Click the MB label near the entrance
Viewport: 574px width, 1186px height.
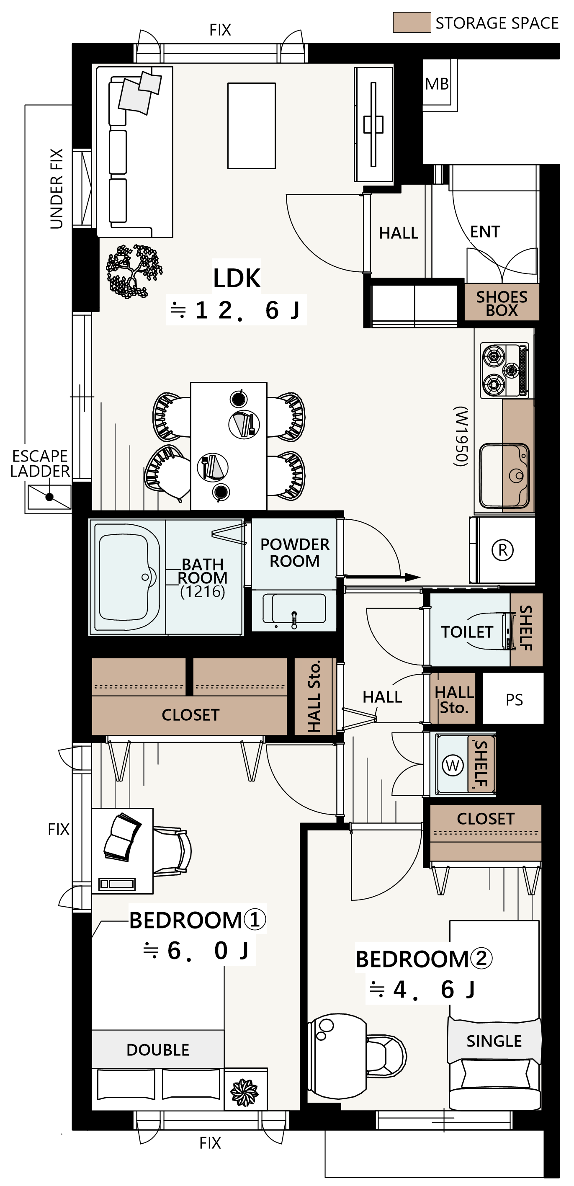click(x=436, y=84)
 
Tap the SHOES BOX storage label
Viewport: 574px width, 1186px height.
click(x=502, y=303)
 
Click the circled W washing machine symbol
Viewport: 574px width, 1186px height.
click(x=453, y=765)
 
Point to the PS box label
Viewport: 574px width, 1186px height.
click(x=514, y=700)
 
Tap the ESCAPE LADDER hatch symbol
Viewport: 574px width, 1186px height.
click(x=49, y=497)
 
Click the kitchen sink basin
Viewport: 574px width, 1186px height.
click(x=504, y=476)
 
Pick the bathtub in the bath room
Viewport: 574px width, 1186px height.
click(x=126, y=577)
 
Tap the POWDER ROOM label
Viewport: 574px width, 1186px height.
click(x=295, y=552)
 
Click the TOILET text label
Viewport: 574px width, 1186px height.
click(x=467, y=632)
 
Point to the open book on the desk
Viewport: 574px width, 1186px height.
click(x=122, y=837)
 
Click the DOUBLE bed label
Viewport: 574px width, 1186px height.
click(x=158, y=1050)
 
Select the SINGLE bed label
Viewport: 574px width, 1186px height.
click(x=494, y=1041)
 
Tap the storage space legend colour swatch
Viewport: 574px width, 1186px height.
click(x=412, y=22)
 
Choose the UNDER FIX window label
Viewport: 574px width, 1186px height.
click(x=56, y=188)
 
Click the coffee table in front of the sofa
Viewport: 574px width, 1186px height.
click(x=251, y=126)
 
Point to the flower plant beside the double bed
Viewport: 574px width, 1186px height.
click(x=245, y=1092)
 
